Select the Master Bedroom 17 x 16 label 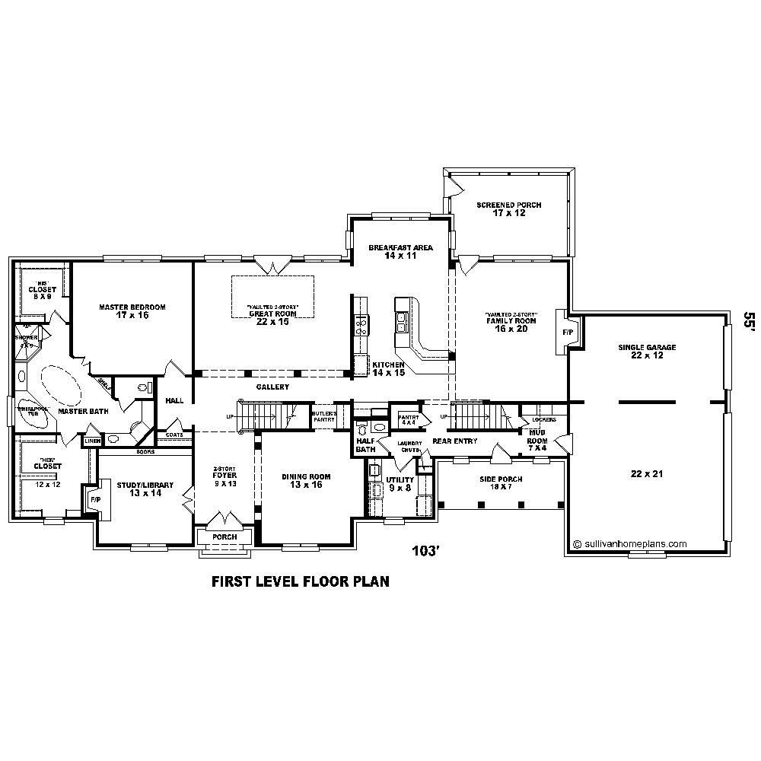click(x=132, y=311)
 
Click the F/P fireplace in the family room click(x=568, y=333)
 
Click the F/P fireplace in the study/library click(x=94, y=499)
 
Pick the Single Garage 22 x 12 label click(x=647, y=352)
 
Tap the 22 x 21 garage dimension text click(x=647, y=474)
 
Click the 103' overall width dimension click(x=426, y=550)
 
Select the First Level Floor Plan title click(x=300, y=582)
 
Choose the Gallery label click(x=272, y=387)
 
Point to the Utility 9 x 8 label click(x=400, y=484)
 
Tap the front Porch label click(x=224, y=537)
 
